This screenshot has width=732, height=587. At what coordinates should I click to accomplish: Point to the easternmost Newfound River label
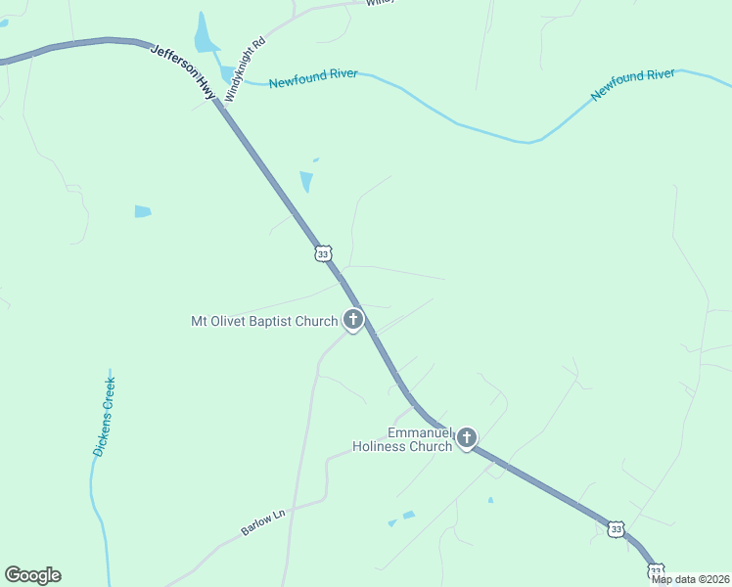pos(633,84)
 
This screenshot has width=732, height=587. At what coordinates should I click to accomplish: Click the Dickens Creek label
pos(105,416)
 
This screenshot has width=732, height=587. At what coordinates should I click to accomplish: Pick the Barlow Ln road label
pos(261,520)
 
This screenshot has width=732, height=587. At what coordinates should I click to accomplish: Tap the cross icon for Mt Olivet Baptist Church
pos(352,319)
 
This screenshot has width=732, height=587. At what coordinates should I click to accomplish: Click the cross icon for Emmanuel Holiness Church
pos(467,437)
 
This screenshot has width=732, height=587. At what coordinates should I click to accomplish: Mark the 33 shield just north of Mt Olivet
pos(323,253)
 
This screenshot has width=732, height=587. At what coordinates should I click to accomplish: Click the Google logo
pos(32,575)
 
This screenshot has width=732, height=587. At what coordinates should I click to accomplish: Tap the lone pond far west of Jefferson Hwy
pos(143,211)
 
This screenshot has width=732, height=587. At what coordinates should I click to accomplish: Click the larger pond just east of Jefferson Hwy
pos(307,182)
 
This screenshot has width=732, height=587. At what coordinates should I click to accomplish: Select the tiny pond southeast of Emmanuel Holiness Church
pos(490,500)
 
